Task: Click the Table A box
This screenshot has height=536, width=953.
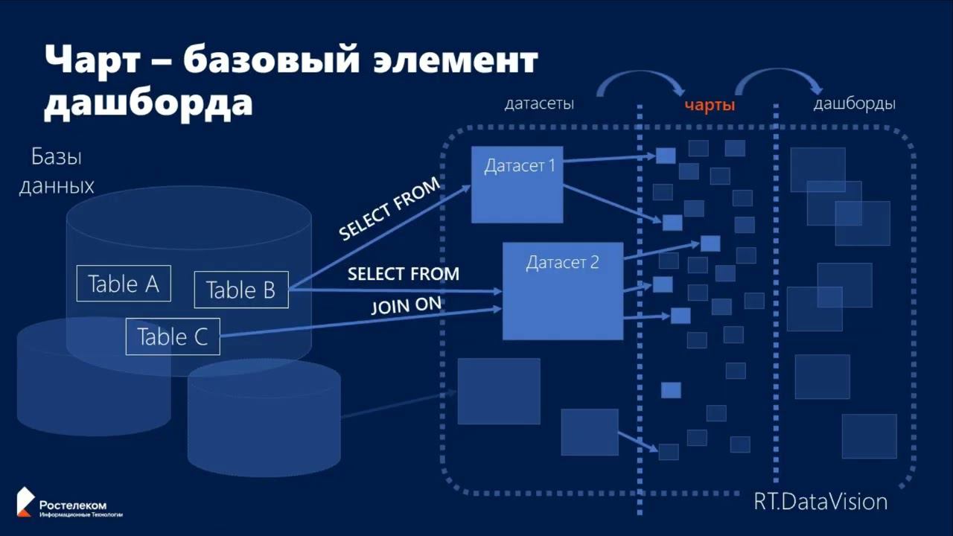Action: tap(124, 284)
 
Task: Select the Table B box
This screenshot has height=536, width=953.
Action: tap(240, 290)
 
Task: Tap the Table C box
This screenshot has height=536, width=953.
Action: tap(173, 336)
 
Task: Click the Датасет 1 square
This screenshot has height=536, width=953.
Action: tap(517, 184)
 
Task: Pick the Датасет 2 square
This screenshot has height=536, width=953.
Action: tap(562, 290)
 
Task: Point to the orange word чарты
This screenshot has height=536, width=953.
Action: tap(710, 106)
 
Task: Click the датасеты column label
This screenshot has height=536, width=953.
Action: tap(539, 104)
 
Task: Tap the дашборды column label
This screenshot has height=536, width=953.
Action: tap(854, 103)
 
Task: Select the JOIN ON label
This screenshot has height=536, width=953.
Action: tap(406, 306)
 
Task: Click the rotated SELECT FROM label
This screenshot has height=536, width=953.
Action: tap(389, 209)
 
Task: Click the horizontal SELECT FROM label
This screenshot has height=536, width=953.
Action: tap(404, 274)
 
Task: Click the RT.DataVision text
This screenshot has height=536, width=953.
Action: tap(820, 501)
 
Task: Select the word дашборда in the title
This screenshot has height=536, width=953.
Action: tap(148, 103)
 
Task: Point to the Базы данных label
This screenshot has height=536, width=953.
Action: tap(57, 170)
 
